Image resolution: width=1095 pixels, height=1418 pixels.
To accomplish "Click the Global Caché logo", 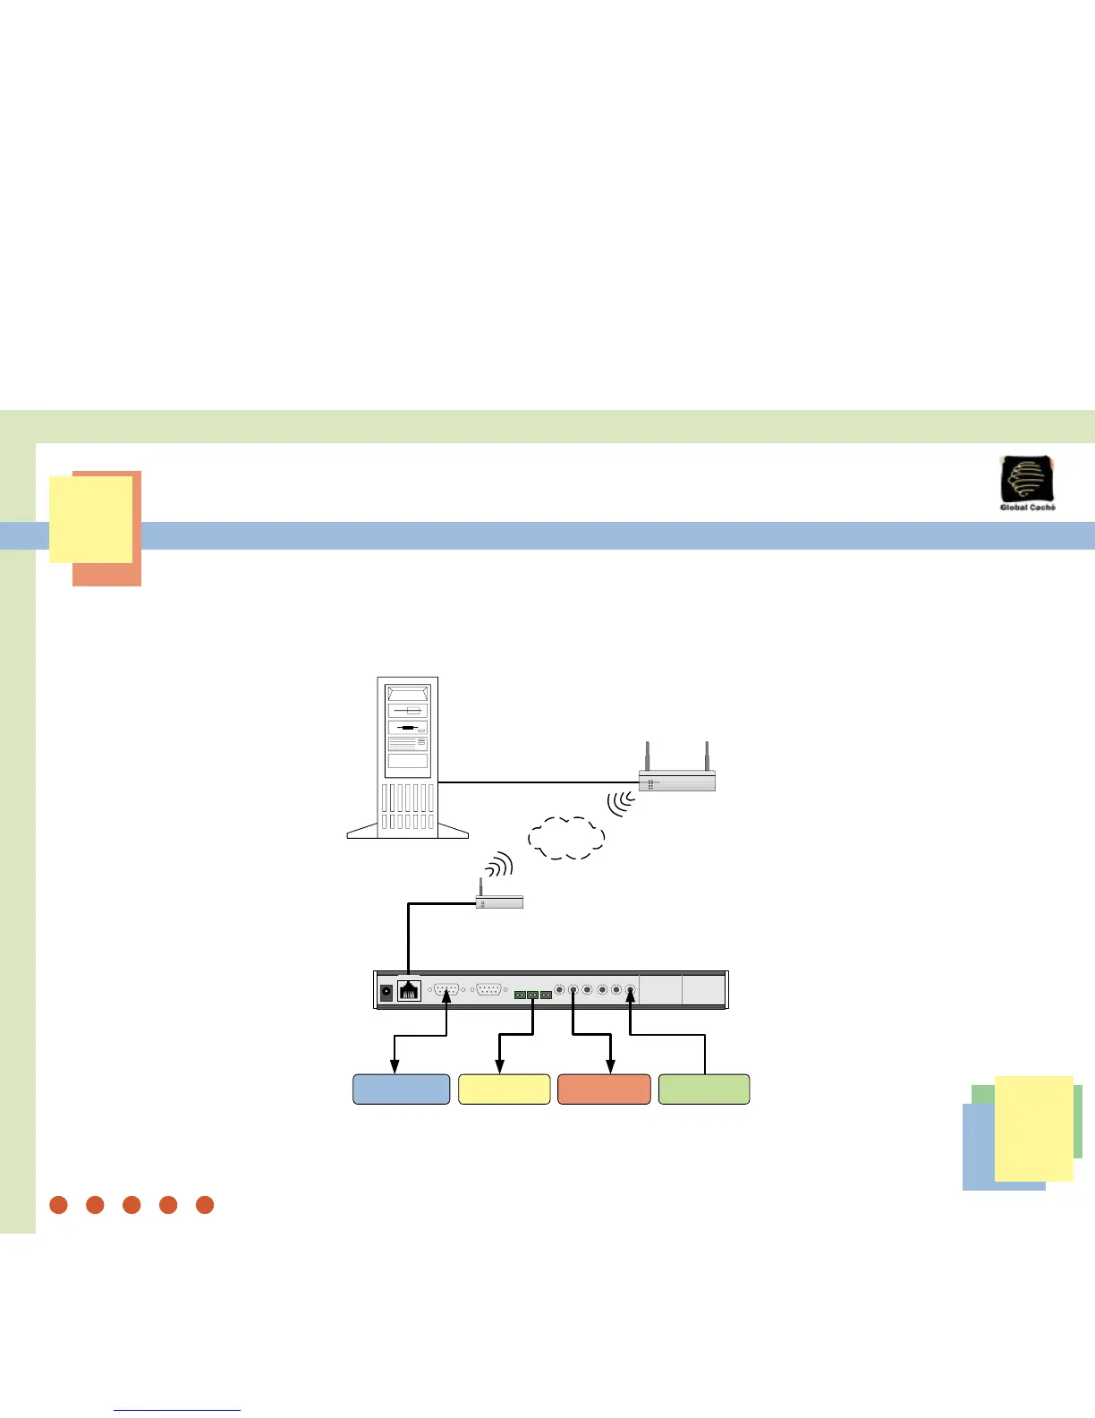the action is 1027,483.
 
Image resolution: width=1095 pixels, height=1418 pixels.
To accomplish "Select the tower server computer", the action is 408,757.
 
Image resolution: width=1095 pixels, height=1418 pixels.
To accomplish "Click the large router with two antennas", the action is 677,781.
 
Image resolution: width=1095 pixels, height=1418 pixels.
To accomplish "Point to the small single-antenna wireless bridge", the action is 498,901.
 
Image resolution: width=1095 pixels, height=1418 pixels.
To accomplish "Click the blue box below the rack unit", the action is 402,1089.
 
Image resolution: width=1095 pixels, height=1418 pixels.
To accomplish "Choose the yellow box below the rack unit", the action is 504,1089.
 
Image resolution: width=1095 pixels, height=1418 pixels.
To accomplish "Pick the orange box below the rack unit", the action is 604,1089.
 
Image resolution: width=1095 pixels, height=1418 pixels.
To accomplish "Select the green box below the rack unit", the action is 704,1089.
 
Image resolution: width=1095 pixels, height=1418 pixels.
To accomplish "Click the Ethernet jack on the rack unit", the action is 409,991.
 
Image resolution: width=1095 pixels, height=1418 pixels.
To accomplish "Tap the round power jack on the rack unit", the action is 386,992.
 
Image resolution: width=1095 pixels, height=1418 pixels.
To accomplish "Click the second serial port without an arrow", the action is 488,990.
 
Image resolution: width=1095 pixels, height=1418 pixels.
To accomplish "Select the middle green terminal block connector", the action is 532,995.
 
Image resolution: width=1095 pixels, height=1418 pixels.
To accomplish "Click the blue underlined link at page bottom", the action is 177,1410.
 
